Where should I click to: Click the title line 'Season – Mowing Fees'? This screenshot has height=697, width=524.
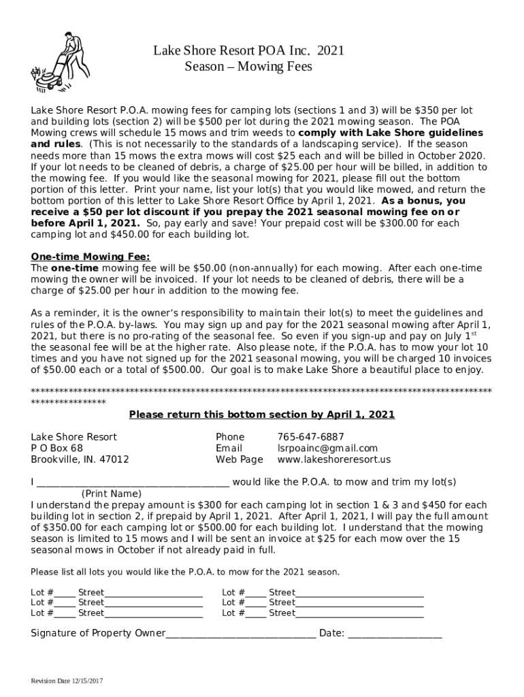click(248, 67)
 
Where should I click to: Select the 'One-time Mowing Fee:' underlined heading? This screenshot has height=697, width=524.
click(91, 257)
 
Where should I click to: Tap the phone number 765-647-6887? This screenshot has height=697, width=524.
click(310, 436)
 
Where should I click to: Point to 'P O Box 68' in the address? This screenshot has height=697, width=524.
click(57, 448)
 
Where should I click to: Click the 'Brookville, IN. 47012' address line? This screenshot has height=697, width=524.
click(80, 459)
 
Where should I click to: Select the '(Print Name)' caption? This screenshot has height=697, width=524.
click(112, 493)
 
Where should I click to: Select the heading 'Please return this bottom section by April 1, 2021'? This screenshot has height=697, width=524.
click(262, 415)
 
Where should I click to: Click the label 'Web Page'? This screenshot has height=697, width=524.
click(239, 459)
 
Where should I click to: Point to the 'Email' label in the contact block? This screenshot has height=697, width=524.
click(229, 448)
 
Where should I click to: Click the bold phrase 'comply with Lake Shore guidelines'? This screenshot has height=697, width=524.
click(391, 133)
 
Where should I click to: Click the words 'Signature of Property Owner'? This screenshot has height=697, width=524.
click(98, 634)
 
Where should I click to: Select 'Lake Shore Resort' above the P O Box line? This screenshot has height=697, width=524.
click(73, 436)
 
